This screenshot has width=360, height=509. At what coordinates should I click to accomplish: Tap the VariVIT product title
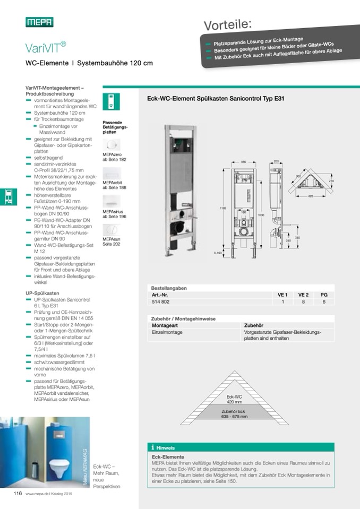[45, 48]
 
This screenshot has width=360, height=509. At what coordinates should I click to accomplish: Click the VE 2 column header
[303, 295]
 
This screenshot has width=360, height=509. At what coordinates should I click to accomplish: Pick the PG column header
[323, 295]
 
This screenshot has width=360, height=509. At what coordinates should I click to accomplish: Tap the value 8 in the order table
[303, 301]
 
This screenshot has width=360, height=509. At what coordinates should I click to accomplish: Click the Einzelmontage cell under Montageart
[167, 332]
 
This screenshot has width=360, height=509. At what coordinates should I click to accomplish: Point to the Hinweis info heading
[165, 447]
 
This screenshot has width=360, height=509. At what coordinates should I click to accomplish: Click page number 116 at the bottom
[18, 493]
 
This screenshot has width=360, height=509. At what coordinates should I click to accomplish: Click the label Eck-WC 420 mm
[234, 399]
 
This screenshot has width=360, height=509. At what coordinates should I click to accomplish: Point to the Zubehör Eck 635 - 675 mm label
[234, 414]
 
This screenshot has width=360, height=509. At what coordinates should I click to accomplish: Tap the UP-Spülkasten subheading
[42, 292]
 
